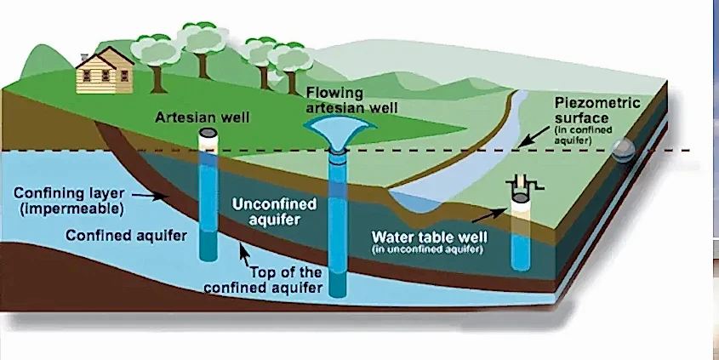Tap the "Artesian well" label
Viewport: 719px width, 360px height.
[202, 116]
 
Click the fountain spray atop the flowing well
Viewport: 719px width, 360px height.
[340, 129]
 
